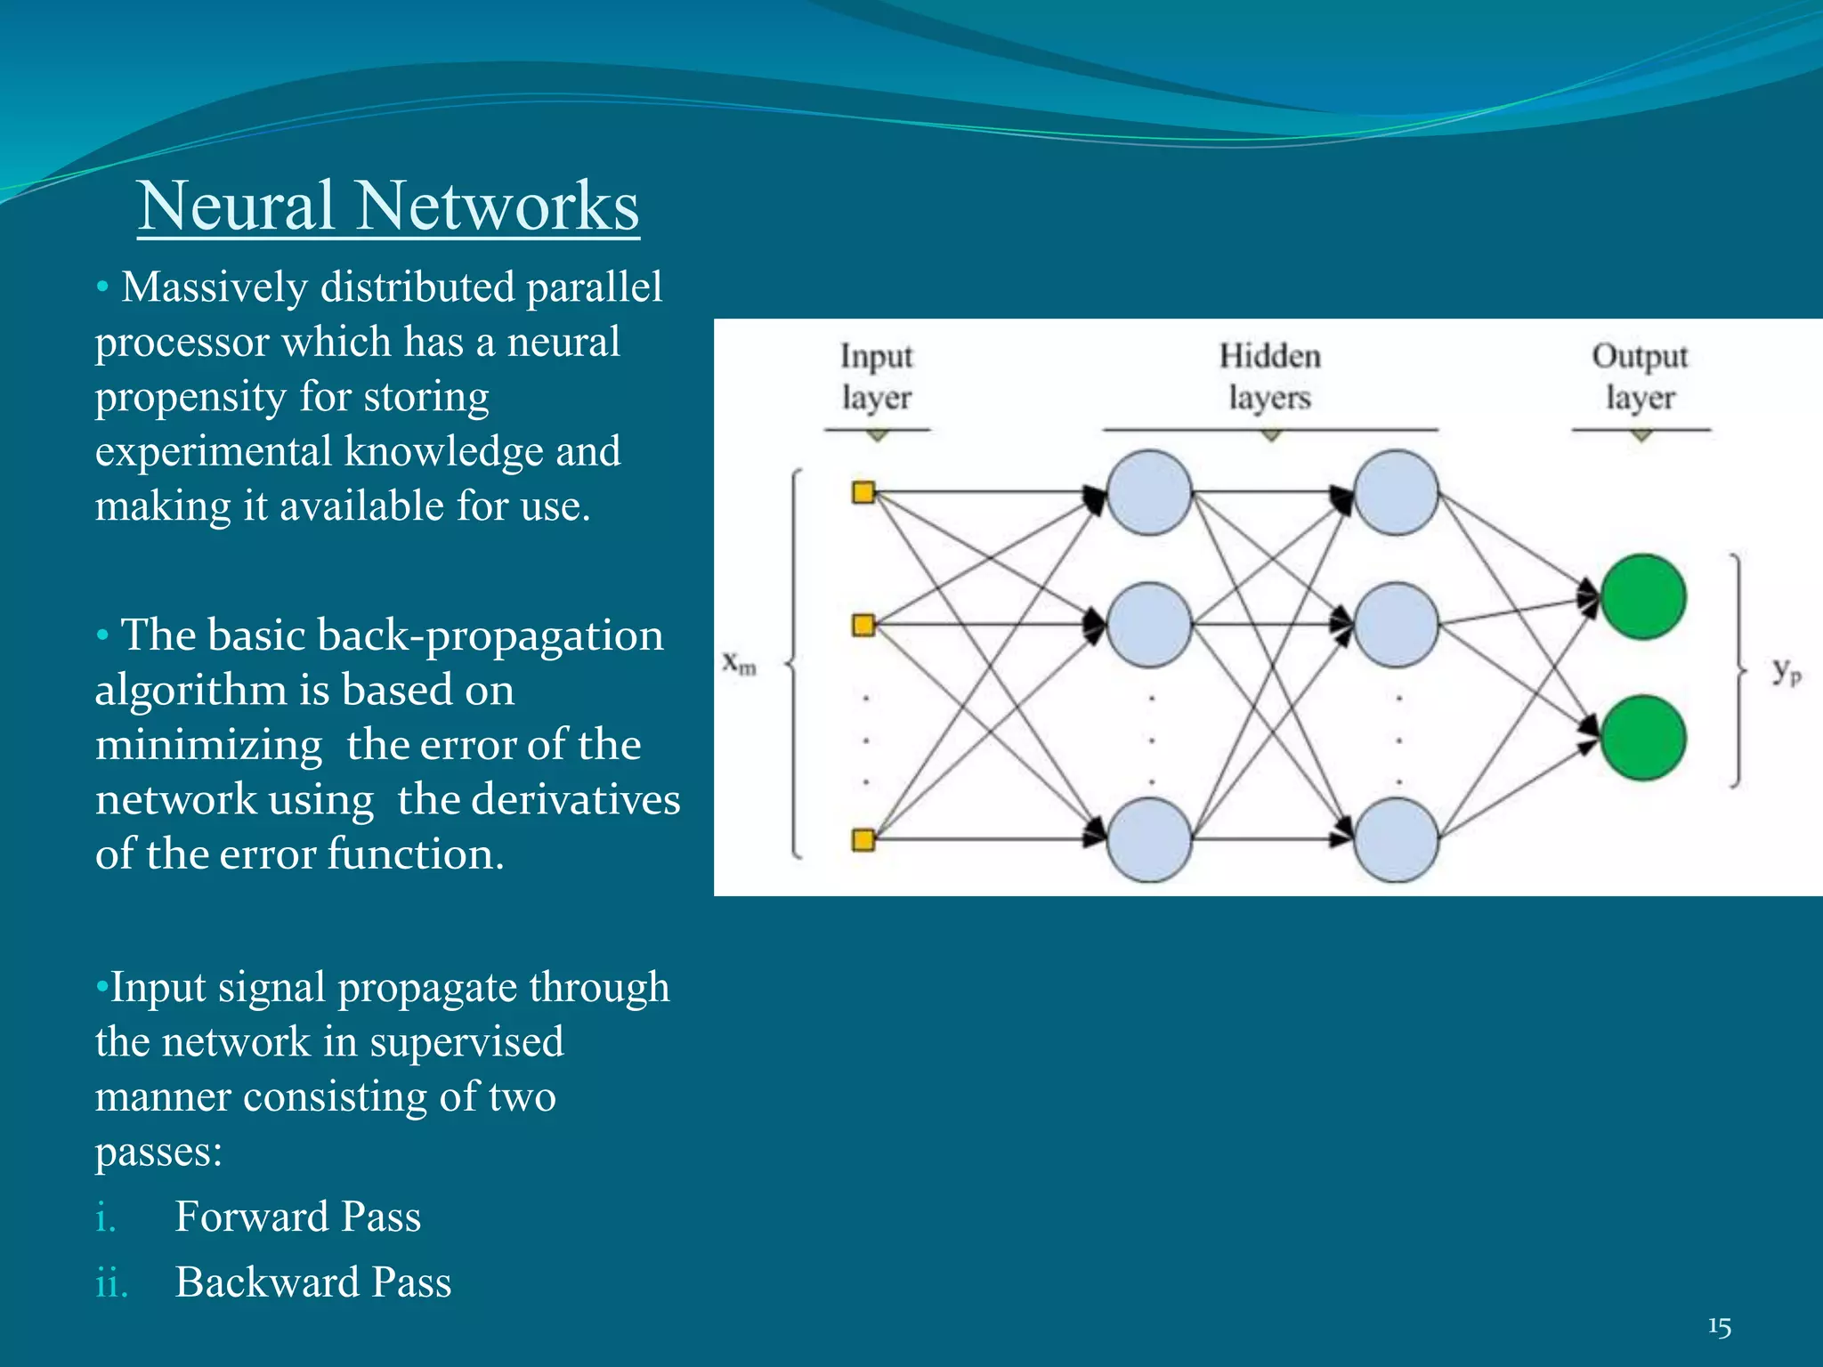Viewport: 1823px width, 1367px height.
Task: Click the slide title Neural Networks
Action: coord(388,206)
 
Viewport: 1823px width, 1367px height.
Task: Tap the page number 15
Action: coord(1719,1327)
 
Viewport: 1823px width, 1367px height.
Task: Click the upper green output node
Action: coord(1642,597)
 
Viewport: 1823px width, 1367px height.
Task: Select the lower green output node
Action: coord(1642,738)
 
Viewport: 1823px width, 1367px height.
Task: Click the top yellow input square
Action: coord(863,492)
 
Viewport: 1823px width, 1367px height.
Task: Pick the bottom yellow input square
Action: coord(863,839)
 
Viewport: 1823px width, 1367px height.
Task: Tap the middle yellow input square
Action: coord(863,625)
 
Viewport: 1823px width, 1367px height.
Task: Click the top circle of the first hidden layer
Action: coord(1149,492)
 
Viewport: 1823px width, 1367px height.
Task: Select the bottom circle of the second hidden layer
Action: coord(1396,839)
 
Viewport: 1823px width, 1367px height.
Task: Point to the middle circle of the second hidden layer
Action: coord(1396,625)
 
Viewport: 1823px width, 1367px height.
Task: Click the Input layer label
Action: coord(877,376)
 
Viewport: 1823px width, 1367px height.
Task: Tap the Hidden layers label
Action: coord(1270,376)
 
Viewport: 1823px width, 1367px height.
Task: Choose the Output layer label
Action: coord(1640,376)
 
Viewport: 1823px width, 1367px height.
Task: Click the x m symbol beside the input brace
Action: coord(739,663)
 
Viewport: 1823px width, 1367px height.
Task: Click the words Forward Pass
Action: coord(297,1217)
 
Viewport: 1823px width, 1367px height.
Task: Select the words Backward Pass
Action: coord(312,1282)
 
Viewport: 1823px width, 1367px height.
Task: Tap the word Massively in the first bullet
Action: coord(214,288)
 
